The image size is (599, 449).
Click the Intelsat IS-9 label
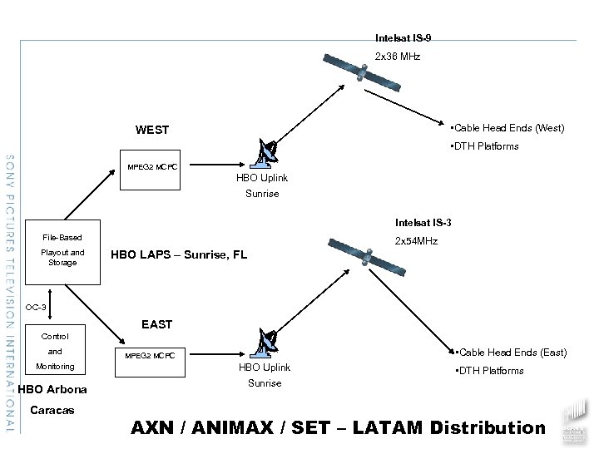point(403,38)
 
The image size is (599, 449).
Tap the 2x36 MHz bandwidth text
point(398,57)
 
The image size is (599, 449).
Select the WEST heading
point(152,130)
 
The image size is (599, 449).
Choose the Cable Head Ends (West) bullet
point(506,128)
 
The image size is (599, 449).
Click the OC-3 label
point(36,307)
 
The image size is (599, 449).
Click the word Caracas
point(52,410)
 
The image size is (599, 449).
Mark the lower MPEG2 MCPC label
point(151,356)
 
